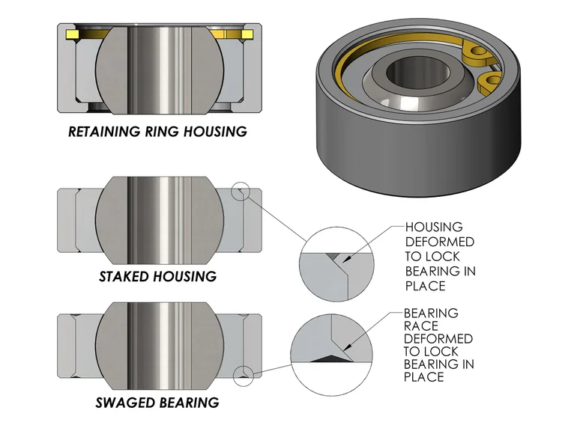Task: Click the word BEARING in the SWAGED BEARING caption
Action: [x=190, y=403]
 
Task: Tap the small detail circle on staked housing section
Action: [x=241, y=192]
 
